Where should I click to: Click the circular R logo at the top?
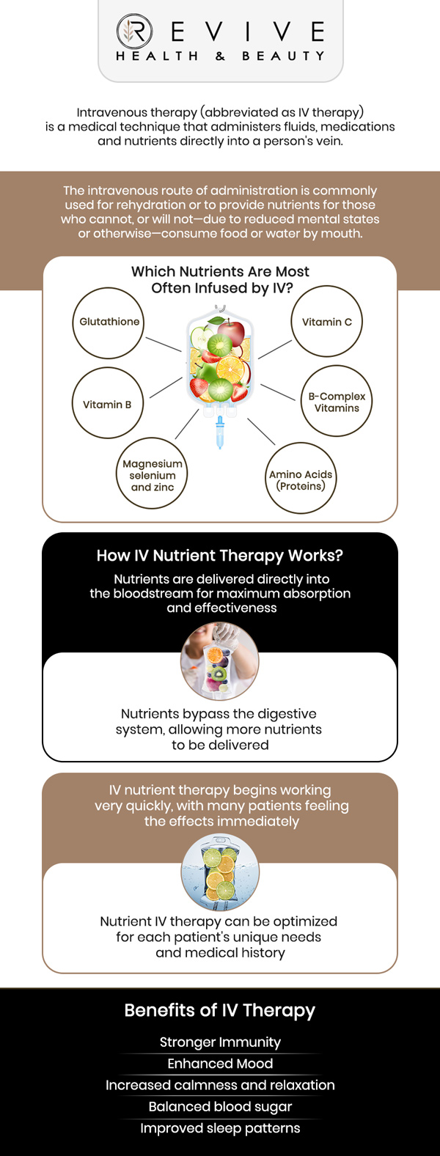click(x=134, y=32)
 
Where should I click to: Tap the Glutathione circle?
click(x=109, y=323)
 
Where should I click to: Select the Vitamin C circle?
click(x=327, y=322)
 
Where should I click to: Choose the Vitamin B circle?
click(x=108, y=403)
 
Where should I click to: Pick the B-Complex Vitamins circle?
click(x=337, y=401)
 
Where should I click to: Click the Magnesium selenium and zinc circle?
click(x=152, y=474)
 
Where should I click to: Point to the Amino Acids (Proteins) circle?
click(x=301, y=479)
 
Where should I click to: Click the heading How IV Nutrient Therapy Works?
click(x=220, y=556)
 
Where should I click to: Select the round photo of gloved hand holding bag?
click(x=220, y=661)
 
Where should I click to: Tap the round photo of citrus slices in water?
click(x=220, y=872)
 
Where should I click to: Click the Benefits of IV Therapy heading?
click(x=220, y=1010)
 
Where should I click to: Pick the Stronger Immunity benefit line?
click(x=220, y=1042)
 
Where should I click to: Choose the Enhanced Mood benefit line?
click(x=220, y=1063)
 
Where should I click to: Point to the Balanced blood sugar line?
click(x=220, y=1106)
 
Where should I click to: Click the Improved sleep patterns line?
click(x=220, y=1127)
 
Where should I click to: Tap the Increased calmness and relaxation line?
click(x=220, y=1085)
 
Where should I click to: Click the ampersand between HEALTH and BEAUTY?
click(x=220, y=56)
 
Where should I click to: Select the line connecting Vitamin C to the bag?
click(x=275, y=349)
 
